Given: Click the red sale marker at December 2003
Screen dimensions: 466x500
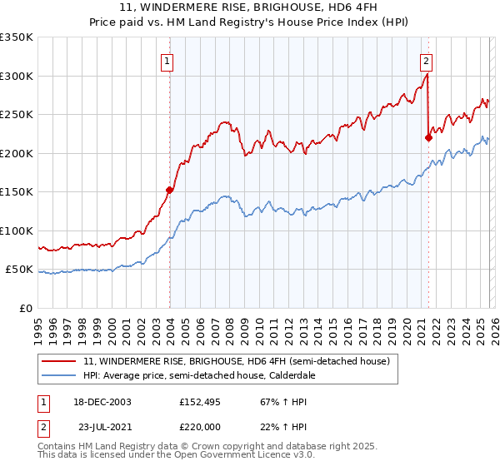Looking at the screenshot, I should (170, 190).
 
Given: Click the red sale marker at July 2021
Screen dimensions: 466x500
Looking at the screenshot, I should (428, 138).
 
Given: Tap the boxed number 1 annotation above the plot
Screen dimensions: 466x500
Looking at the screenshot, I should (167, 60).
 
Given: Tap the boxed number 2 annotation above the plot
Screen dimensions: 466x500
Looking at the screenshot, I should (426, 60).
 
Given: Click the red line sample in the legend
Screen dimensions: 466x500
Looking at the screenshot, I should (60, 361).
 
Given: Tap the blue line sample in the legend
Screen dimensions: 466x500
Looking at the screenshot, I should (60, 375).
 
